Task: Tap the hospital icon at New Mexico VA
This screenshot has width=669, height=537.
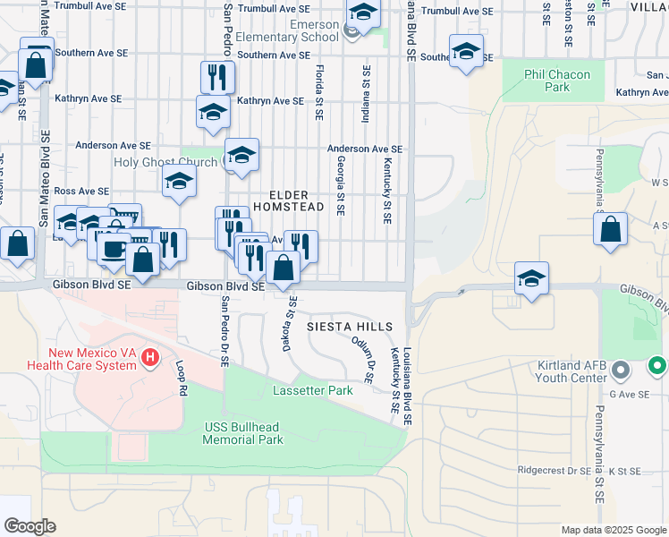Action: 150,359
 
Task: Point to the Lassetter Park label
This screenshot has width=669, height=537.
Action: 307,391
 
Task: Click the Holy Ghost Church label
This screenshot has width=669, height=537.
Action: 165,162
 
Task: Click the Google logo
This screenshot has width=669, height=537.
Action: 30,525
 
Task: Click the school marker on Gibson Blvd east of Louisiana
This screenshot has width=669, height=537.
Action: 531,277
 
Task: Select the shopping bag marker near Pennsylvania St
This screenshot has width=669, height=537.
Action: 609,229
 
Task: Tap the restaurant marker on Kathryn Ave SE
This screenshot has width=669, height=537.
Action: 216,78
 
